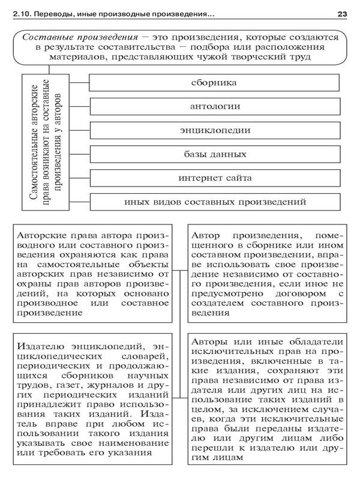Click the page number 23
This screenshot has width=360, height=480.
click(343, 13)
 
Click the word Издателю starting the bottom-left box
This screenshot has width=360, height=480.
click(42, 346)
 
